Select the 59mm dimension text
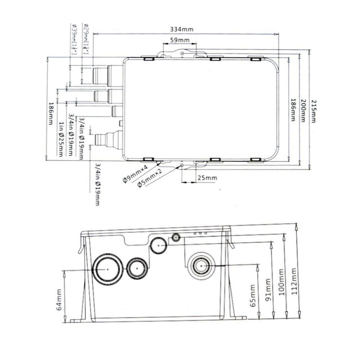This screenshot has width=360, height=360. click(179, 40)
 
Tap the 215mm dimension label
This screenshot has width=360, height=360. click(313, 110)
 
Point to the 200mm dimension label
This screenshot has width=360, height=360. click(303, 110)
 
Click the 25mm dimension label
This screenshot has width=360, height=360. click(206, 177)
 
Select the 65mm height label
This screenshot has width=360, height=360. click(252, 295)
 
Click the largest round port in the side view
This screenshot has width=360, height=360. click(107, 268)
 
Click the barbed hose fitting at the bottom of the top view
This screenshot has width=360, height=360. click(103, 137)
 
